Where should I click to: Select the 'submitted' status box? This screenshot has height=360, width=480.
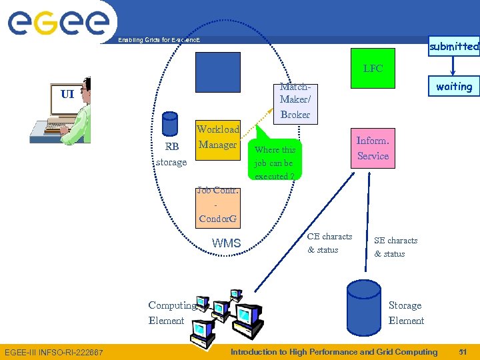click(453, 46)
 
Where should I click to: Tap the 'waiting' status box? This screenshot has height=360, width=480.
click(453, 87)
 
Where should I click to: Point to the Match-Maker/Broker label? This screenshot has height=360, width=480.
click(295, 101)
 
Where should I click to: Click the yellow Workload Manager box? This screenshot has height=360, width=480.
click(217, 137)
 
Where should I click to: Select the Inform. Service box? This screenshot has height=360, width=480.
click(373, 148)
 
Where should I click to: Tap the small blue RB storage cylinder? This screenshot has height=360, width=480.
click(170, 124)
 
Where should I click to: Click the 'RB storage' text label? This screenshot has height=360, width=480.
click(171, 154)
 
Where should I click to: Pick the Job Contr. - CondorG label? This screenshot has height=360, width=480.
click(217, 205)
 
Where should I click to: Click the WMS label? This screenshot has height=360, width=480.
click(226, 243)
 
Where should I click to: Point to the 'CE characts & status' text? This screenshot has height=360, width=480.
click(329, 243)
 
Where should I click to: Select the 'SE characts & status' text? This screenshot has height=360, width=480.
click(395, 247)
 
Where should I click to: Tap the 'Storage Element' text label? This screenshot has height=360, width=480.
click(405, 313)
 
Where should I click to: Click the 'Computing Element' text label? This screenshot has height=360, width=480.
click(171, 313)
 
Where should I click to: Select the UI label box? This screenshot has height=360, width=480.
click(67, 94)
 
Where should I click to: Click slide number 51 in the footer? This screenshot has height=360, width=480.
click(462, 352)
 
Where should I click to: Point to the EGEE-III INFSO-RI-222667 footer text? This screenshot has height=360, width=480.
click(54, 352)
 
